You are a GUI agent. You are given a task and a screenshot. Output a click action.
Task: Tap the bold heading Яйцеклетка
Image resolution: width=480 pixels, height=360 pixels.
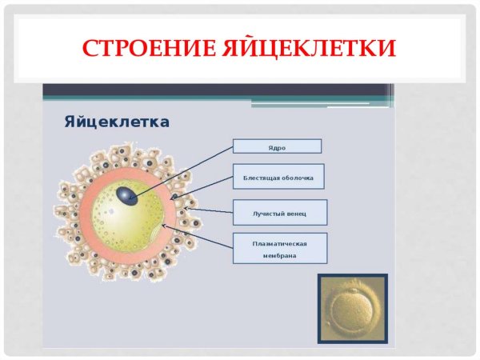[116, 122]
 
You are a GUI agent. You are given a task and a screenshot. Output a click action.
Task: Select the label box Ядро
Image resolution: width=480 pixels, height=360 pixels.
[277, 146]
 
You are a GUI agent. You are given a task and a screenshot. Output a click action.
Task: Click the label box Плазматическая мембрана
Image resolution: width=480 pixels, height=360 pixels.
[280, 249]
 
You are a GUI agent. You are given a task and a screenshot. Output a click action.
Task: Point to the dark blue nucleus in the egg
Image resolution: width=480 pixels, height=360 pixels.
[123, 195]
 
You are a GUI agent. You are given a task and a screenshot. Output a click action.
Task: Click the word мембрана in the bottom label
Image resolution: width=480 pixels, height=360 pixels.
[280, 256]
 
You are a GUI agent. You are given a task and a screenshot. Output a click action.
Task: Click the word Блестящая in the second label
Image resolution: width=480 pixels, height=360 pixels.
[260, 178]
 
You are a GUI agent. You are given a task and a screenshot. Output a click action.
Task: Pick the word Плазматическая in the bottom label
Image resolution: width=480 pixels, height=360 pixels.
[280, 242]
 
